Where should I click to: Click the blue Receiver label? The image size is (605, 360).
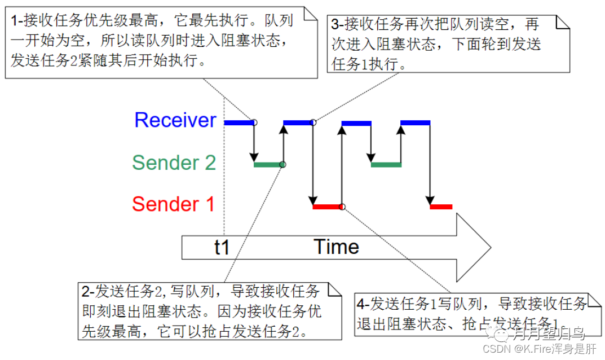click(x=175, y=120)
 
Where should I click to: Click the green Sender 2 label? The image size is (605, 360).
click(x=174, y=163)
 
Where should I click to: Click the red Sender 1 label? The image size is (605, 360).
click(x=173, y=204)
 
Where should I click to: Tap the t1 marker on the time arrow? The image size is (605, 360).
click(x=222, y=247)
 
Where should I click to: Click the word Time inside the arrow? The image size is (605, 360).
click(x=336, y=247)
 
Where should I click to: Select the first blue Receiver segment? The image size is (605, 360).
click(x=239, y=122)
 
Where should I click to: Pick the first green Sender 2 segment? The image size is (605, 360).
click(x=268, y=165)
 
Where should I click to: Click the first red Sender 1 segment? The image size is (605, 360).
click(x=328, y=207)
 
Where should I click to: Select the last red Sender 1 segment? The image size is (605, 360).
click(x=441, y=207)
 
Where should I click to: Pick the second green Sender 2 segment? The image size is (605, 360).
click(x=386, y=165)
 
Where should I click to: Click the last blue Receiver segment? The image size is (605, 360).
click(x=416, y=122)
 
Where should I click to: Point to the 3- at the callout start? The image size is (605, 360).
click(x=337, y=25)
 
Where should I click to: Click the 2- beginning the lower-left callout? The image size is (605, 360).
click(x=87, y=291)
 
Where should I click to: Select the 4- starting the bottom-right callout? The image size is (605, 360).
click(x=364, y=304)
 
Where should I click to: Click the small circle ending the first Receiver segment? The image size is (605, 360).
click(x=254, y=122)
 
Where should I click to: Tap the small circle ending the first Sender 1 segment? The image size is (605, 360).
click(x=342, y=207)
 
